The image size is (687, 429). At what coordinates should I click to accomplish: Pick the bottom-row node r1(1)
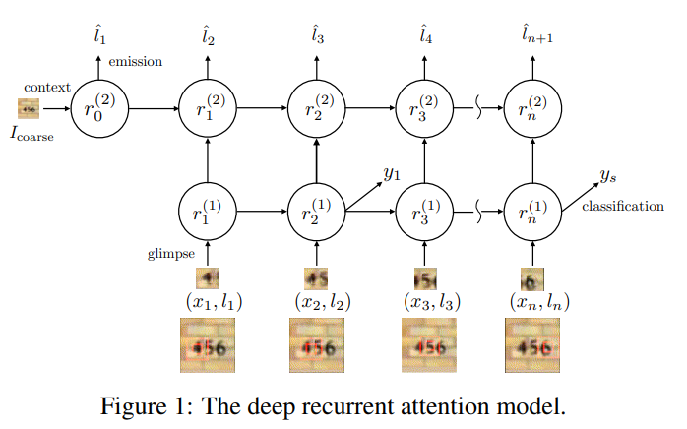pos(208,211)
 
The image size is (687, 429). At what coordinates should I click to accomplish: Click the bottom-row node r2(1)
pos(316,211)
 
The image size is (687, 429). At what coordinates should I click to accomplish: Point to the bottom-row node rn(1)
pos(532,211)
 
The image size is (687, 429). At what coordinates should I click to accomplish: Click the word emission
pos(135,62)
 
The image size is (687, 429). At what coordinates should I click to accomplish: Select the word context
pos(43,87)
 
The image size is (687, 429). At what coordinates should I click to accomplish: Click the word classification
pos(623,206)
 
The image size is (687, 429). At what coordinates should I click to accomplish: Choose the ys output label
pos(607,175)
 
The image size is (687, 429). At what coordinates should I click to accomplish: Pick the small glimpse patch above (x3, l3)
pos(424,277)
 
